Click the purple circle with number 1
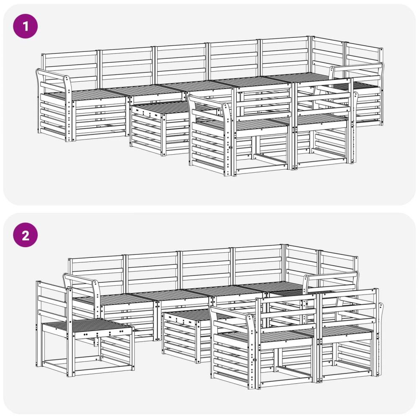[26, 26]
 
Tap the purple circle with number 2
[26, 235]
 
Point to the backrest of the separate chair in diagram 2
[52, 299]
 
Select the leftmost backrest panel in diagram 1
[70, 66]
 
